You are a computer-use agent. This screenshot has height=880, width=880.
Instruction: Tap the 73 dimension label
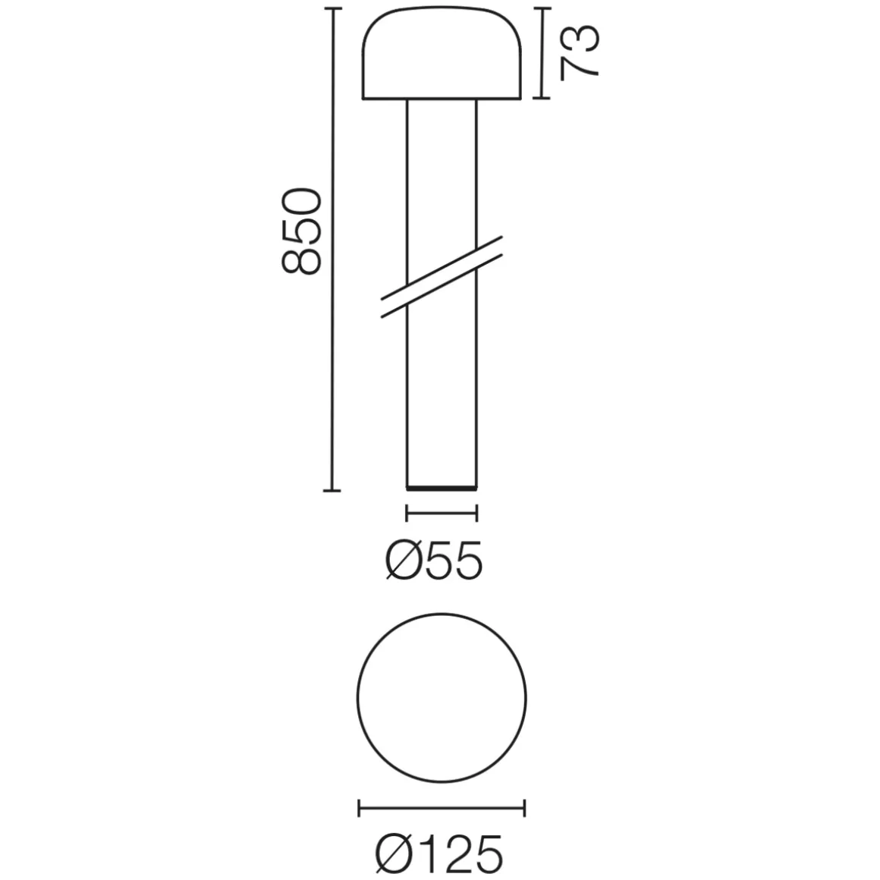coord(580,52)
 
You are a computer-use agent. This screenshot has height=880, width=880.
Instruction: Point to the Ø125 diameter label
coord(439,853)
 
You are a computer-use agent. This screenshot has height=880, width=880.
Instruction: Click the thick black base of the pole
coord(442,486)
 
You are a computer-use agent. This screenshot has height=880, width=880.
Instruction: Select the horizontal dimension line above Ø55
coord(442,514)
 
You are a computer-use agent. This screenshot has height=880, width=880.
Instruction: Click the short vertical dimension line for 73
coord(541,53)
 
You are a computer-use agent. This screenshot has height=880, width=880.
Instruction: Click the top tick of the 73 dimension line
coord(541,9)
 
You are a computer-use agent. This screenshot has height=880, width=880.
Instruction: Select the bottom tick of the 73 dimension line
coord(541,98)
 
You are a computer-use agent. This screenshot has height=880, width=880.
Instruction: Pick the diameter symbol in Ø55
coord(402,562)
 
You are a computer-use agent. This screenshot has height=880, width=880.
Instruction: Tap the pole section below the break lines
coord(442,394)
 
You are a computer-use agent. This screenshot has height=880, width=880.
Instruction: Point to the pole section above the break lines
coord(442,174)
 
